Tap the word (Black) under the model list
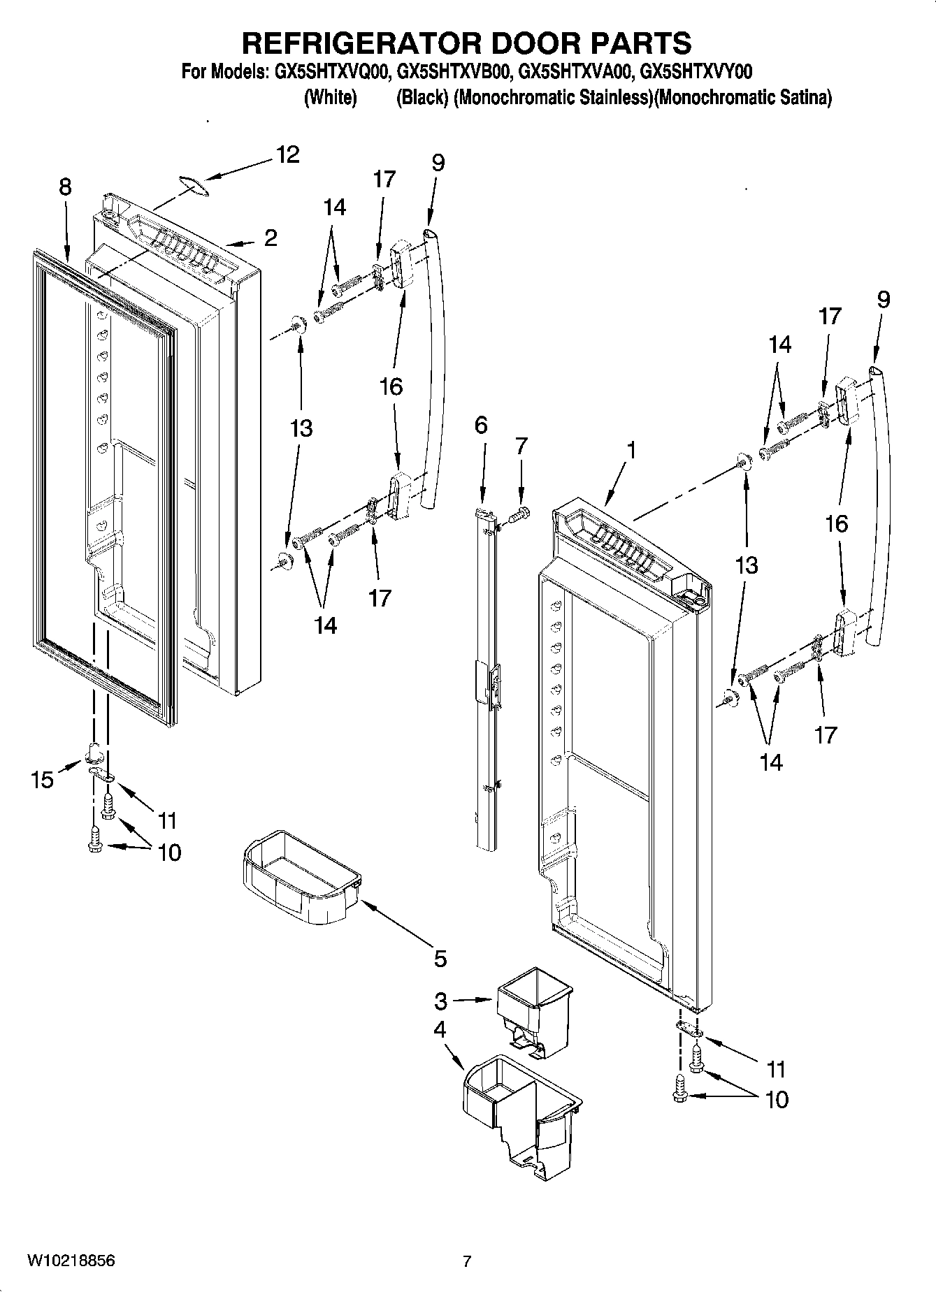(422, 98)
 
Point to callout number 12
(287, 154)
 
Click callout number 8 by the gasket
(65, 187)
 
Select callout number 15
(43, 780)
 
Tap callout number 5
(440, 959)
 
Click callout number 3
(440, 1001)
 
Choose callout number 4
(440, 1029)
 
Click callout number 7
(521, 445)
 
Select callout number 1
(631, 451)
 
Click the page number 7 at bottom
(467, 1261)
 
